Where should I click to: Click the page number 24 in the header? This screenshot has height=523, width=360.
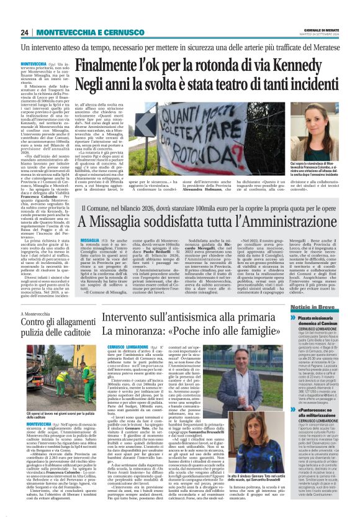(x=25, y=33)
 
